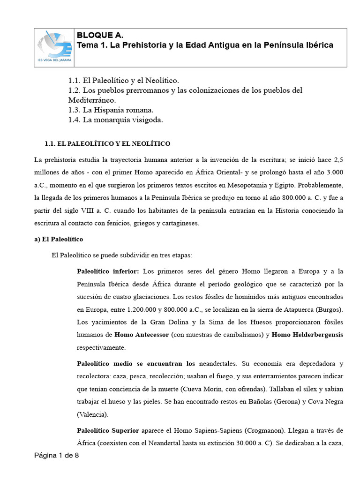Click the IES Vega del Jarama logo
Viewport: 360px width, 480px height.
[55, 47]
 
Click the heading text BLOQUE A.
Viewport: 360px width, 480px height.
[96, 36]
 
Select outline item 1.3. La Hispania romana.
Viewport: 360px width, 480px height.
[111, 110]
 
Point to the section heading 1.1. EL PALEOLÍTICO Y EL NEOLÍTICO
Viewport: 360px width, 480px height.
[107, 143]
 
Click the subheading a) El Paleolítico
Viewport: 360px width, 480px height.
[59, 239]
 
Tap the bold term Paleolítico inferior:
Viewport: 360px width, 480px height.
[108, 271]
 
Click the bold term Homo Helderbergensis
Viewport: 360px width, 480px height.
[307, 335]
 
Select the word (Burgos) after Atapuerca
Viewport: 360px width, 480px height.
[330, 309]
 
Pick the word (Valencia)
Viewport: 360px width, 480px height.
[92, 414]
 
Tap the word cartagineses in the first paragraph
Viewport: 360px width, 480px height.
[180, 223]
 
